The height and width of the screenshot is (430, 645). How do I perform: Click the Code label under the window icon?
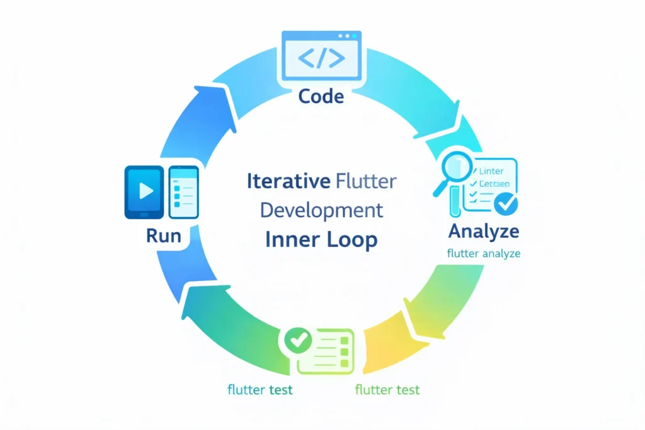click(x=321, y=96)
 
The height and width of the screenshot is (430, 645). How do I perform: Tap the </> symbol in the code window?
click(x=321, y=59)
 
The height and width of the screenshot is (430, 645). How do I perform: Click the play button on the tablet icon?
click(x=145, y=191)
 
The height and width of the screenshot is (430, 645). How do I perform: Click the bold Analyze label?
click(x=484, y=231)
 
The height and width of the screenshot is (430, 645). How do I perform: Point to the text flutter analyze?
click(x=484, y=254)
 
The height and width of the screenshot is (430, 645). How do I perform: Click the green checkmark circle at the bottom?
click(x=297, y=341)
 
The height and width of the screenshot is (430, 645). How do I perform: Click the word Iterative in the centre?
click(x=288, y=182)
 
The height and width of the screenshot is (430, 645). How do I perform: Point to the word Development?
click(x=321, y=210)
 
